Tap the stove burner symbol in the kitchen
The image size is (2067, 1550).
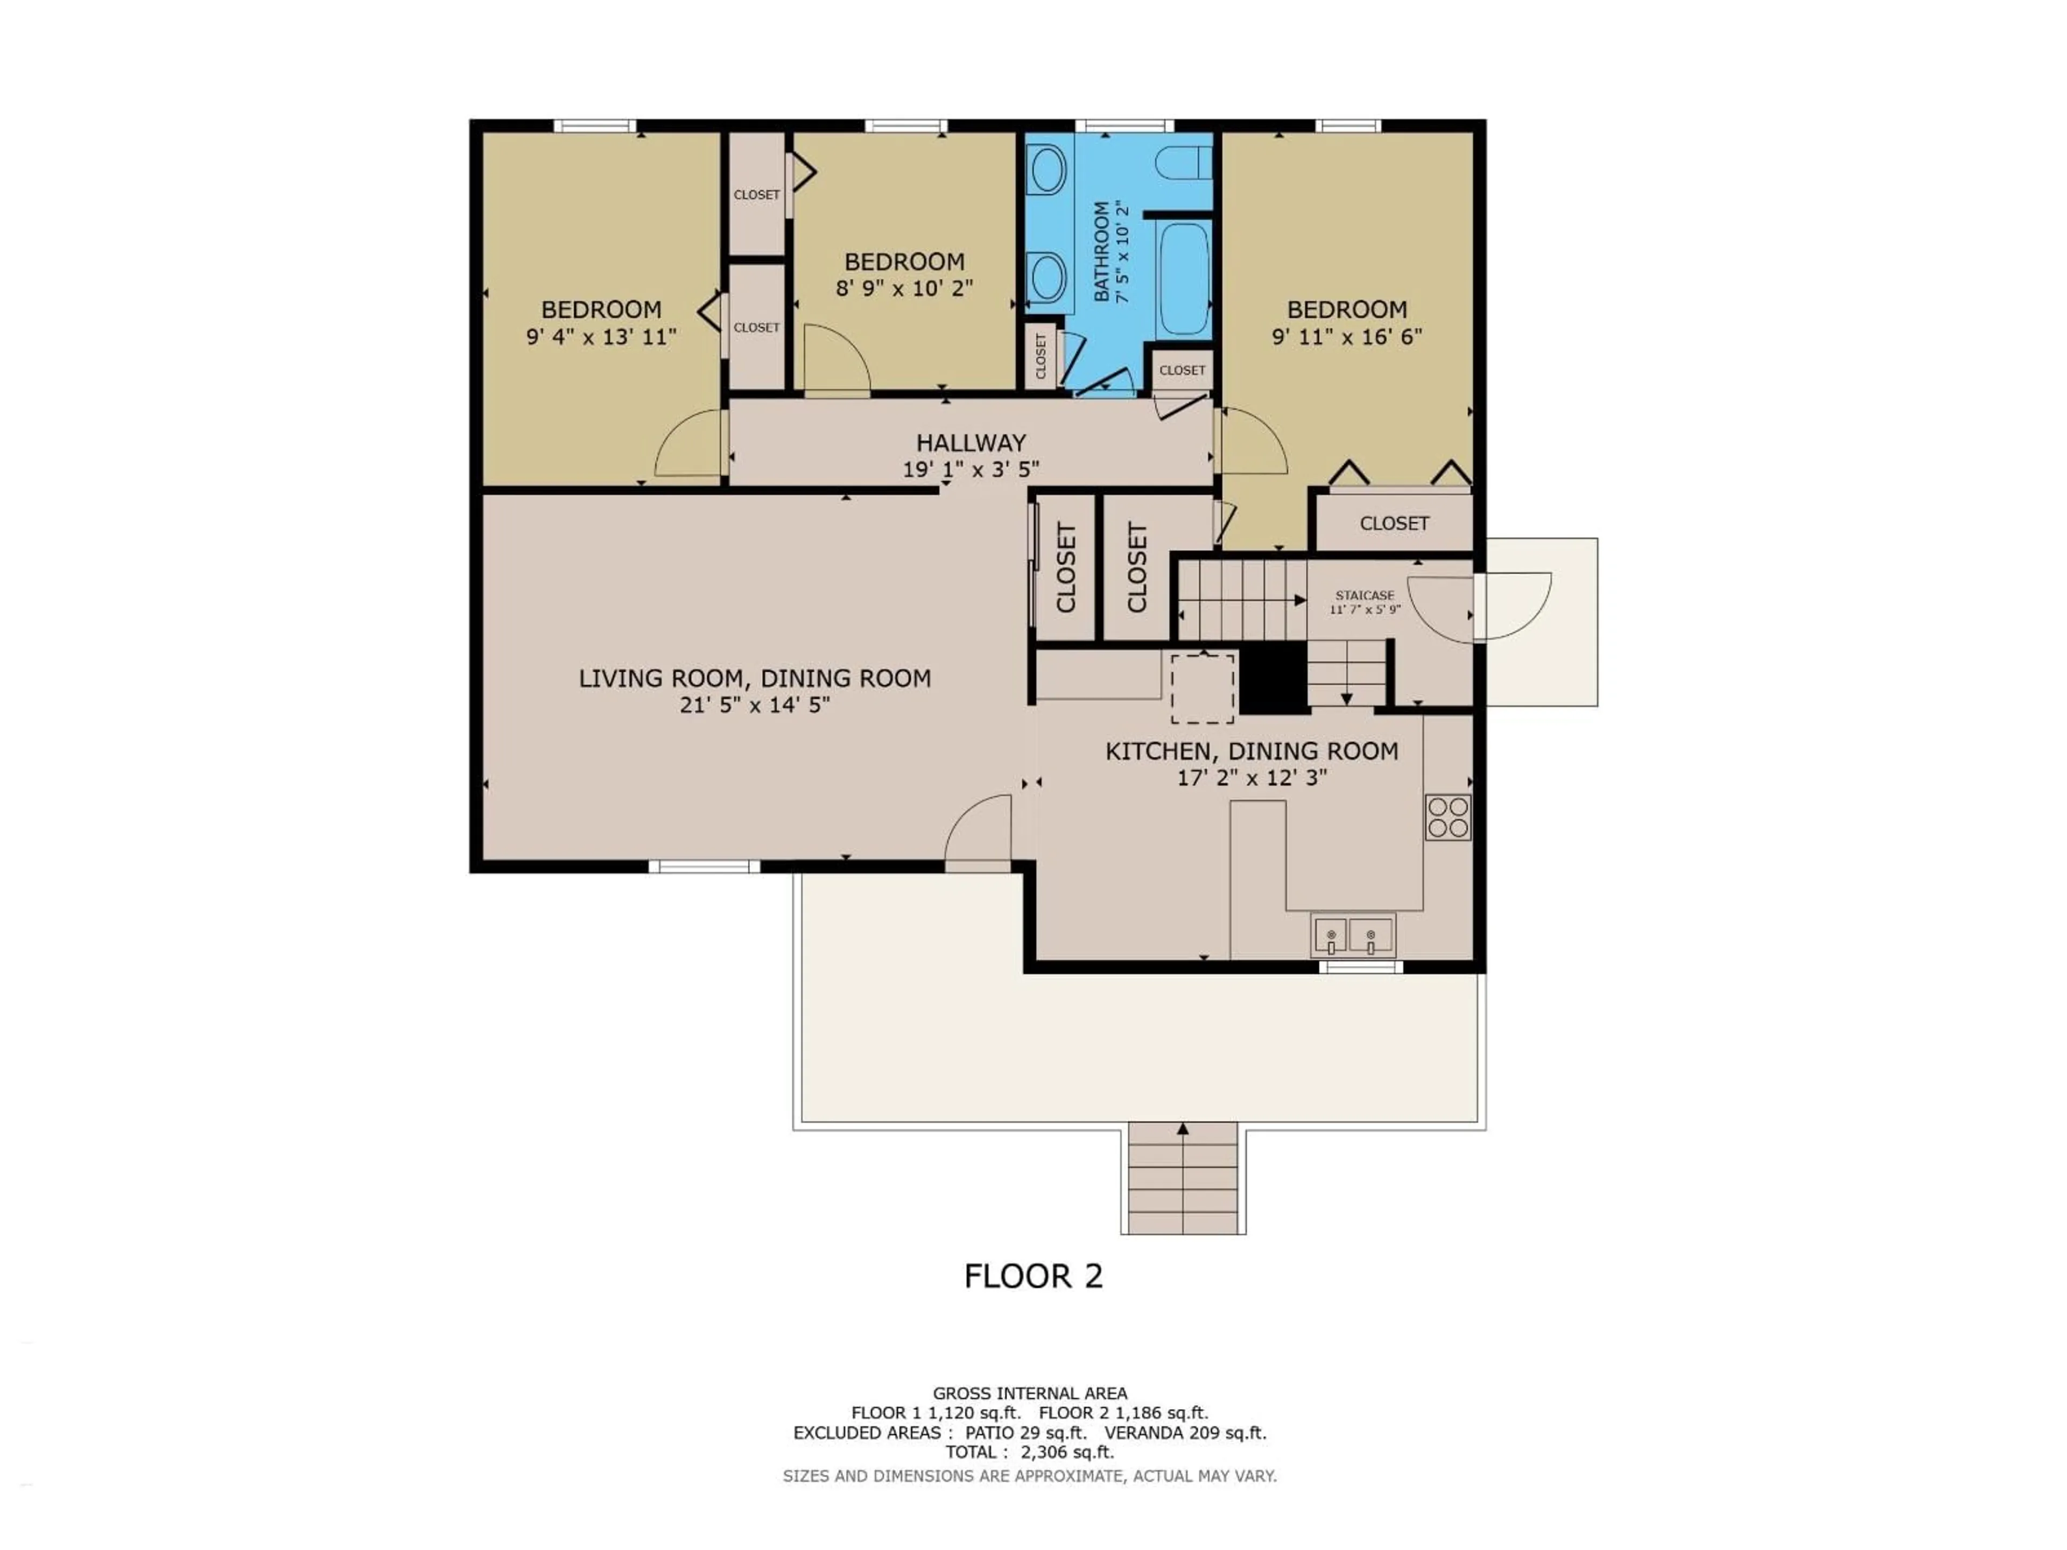pos(1447,816)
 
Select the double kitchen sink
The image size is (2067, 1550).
pos(1352,934)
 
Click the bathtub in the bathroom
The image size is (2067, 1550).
pos(1183,279)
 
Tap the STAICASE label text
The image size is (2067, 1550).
pos(1365,595)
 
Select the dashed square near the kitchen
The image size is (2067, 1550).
pos(1203,688)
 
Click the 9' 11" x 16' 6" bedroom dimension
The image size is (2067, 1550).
pos(1347,336)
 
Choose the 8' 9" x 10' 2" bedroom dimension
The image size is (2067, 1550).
pos(904,288)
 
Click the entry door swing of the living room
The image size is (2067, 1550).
pos(979,830)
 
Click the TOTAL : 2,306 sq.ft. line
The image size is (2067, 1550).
pos(1029,1452)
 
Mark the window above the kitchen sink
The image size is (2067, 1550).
pos(1361,967)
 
